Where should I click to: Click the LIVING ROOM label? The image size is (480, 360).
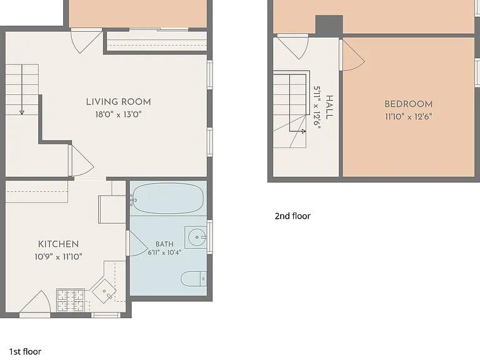pyautogui.click(x=118, y=102)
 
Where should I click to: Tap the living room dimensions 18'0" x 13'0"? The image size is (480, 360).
pyautogui.click(x=119, y=114)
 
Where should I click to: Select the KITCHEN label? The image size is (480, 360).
pyautogui.click(x=59, y=244)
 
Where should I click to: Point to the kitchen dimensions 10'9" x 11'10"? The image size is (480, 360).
pyautogui.click(x=58, y=256)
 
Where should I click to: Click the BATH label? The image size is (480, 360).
pyautogui.click(x=164, y=244)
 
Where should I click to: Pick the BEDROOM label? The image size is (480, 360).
pyautogui.click(x=409, y=104)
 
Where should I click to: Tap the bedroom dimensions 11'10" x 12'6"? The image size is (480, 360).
pyautogui.click(x=409, y=117)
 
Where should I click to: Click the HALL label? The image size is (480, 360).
pyautogui.click(x=329, y=107)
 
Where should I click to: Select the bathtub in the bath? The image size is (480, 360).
pyautogui.click(x=167, y=198)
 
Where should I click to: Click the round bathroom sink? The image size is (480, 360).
pyautogui.click(x=196, y=237)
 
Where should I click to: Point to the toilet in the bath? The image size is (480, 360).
pyautogui.click(x=194, y=279)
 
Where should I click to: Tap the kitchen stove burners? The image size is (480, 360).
pyautogui.click(x=71, y=300)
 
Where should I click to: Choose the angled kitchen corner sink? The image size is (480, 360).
pyautogui.click(x=104, y=291)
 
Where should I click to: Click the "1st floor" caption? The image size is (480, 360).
pyautogui.click(x=25, y=351)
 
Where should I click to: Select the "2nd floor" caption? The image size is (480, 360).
pyautogui.click(x=292, y=216)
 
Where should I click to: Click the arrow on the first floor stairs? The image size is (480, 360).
pyautogui.click(x=22, y=89)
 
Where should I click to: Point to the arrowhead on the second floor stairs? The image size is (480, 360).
pyautogui.click(x=304, y=131)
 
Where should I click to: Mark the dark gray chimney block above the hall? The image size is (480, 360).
pyautogui.click(x=329, y=26)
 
